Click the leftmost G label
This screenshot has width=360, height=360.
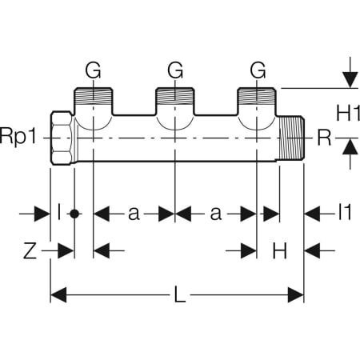coord(94,71)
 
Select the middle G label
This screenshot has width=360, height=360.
coord(175,71)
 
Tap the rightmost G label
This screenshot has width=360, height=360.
coord(257,71)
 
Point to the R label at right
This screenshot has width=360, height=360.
coord(324,138)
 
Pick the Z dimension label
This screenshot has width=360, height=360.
coord(30,251)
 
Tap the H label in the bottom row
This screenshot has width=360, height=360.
coord(279,251)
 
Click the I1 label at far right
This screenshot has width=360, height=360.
coord(344,213)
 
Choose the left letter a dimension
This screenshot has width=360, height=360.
coord(134,213)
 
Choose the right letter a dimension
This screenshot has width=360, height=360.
coord(215,213)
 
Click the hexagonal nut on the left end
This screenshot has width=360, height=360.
coord(62,138)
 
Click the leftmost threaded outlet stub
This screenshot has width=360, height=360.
coord(94,100)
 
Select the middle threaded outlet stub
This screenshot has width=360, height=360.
coord(175,100)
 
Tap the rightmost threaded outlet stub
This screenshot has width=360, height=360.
coord(257,100)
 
